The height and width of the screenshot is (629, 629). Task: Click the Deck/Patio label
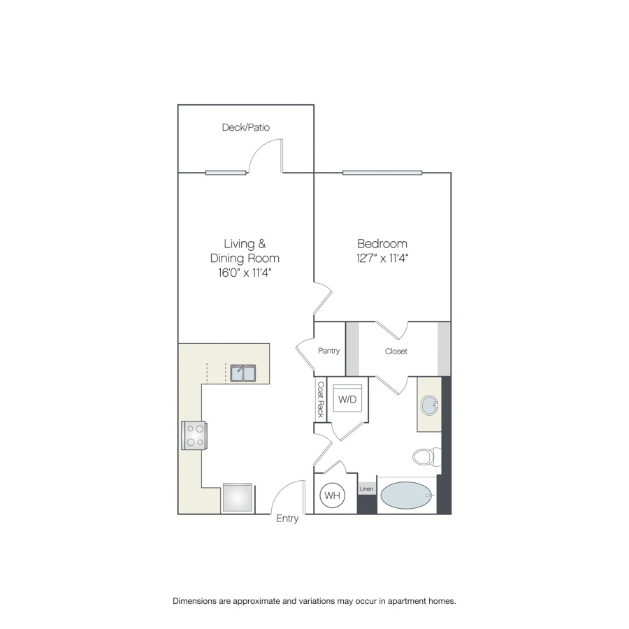(x=246, y=128)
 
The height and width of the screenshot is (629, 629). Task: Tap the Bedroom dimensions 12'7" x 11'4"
(x=382, y=259)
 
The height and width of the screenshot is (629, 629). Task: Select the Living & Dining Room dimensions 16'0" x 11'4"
(x=245, y=273)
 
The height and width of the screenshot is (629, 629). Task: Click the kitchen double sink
(x=243, y=373)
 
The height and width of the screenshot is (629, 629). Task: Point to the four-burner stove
(x=194, y=435)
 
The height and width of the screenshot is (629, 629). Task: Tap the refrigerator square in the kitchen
(x=238, y=498)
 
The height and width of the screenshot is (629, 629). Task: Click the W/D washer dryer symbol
(x=347, y=399)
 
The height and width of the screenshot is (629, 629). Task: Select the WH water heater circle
(x=332, y=496)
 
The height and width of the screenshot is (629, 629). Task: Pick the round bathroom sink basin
(x=429, y=405)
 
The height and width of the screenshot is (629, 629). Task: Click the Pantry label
(x=328, y=351)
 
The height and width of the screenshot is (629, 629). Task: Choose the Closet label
(x=396, y=352)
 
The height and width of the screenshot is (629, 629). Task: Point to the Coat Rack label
(x=321, y=399)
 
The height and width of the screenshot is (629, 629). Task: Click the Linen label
(x=366, y=489)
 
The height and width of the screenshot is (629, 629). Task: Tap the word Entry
(x=287, y=519)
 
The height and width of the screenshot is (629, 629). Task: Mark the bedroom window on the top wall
(x=382, y=173)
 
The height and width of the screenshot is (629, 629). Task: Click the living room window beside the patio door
(x=226, y=173)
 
